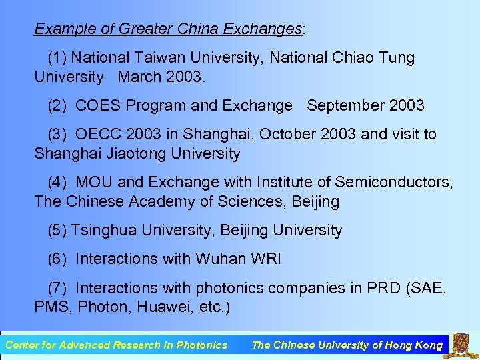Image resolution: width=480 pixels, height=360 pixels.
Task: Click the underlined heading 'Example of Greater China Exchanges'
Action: pyautogui.click(x=168, y=29)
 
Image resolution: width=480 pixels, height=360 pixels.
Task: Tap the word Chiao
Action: pyautogui.click(x=352, y=58)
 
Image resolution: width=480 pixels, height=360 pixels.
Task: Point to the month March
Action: pyautogui.click(x=138, y=77)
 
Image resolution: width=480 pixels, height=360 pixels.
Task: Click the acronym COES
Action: pyautogui.click(x=96, y=106)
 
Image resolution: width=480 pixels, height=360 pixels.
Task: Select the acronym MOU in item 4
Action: pyautogui.click(x=93, y=183)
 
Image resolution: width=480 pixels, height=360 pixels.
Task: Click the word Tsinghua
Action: pyautogui.click(x=101, y=231)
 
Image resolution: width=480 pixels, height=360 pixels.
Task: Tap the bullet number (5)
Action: pyautogui.click(x=57, y=231)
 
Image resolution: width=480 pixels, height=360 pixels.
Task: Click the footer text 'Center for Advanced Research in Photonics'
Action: pyautogui.click(x=116, y=345)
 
